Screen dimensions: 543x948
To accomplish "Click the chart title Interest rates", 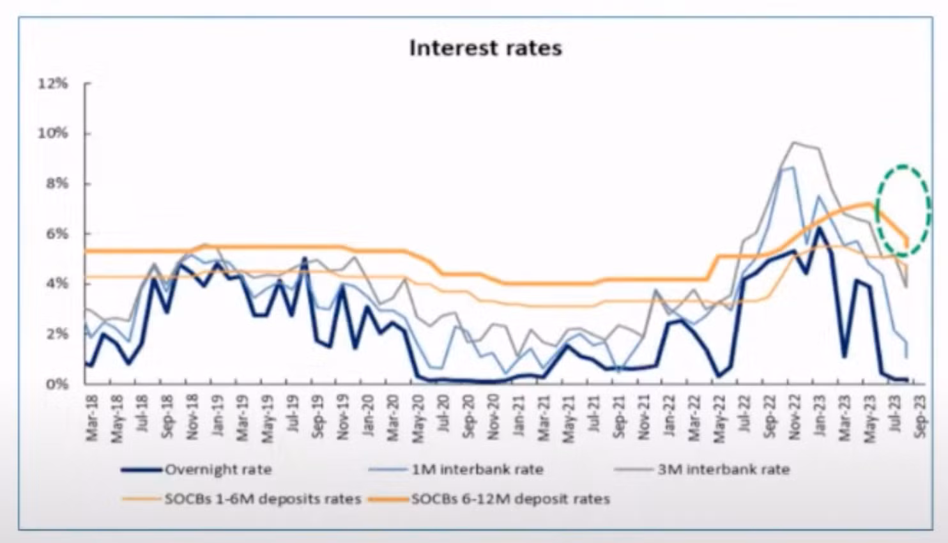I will click(485, 49).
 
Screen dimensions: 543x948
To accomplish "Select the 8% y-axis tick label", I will click(57, 184).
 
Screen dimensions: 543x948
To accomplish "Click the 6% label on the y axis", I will click(57, 234).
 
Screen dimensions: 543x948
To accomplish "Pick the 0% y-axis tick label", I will click(57, 383).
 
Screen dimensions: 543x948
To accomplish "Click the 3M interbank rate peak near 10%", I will click(794, 142).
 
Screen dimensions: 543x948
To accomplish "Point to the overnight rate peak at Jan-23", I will click(819, 227).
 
